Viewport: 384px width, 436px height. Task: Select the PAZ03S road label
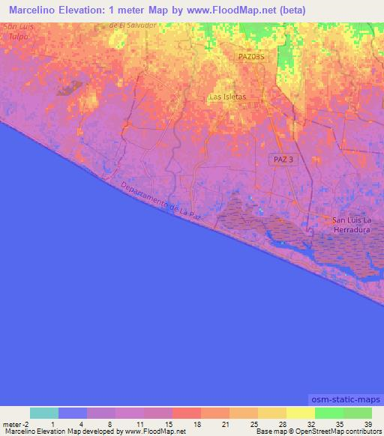tap(252, 56)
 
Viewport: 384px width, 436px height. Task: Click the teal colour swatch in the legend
tap(43, 413)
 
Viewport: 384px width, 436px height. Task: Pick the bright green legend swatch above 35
tap(328, 413)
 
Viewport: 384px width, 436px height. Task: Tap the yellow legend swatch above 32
tap(300, 413)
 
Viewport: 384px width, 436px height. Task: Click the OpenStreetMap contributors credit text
tap(330, 431)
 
